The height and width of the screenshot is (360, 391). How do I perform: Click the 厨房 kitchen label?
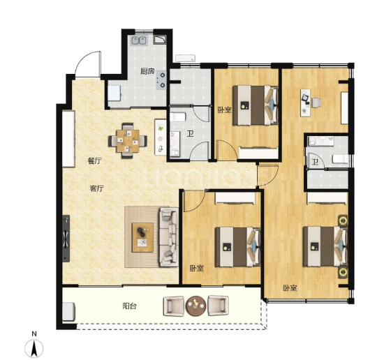point(147,71)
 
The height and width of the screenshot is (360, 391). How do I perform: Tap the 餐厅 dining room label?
point(95,160)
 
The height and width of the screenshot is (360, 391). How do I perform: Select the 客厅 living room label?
point(97,188)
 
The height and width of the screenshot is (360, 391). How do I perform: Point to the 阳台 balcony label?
point(130,306)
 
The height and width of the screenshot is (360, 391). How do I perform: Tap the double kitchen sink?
point(138,40)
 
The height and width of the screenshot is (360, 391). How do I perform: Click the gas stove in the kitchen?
point(161,80)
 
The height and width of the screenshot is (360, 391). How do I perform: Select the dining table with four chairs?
point(127,141)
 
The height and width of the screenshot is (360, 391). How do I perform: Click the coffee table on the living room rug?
point(143,237)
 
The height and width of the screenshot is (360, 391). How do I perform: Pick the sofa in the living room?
point(168,237)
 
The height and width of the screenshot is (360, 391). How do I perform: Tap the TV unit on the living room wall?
point(66,239)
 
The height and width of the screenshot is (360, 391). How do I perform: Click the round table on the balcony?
point(196,306)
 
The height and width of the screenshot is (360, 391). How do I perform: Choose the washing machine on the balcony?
point(68,311)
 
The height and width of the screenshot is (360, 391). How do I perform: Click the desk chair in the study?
point(316,103)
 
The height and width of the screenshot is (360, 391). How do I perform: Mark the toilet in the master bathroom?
point(341,158)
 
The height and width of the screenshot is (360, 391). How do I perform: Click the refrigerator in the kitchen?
point(115,93)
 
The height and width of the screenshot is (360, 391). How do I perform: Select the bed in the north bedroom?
point(256,105)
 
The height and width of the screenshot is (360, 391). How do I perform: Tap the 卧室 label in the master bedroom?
point(290,288)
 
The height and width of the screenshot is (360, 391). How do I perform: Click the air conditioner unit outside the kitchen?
point(185,59)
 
